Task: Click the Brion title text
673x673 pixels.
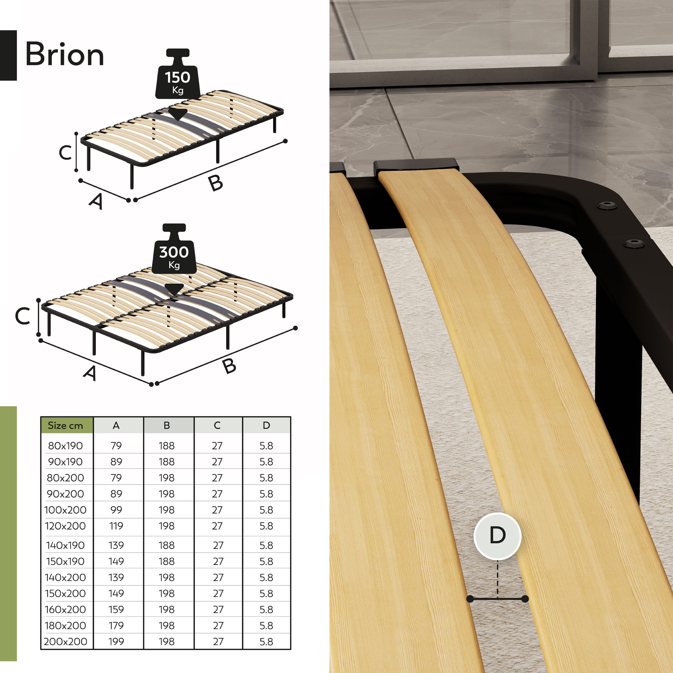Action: coord(65,54)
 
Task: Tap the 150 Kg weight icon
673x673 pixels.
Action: coord(178,74)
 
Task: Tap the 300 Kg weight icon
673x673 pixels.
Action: coord(174,249)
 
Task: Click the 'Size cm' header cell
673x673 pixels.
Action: coord(65,425)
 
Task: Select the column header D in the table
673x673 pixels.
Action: coord(266,425)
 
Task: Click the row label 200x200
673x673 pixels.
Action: coord(65,641)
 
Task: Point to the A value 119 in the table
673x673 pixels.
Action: coord(116,526)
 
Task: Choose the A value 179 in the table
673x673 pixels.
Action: coord(116,625)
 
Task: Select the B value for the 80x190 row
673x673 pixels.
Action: coord(167,446)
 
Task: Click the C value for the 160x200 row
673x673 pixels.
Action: coord(218,609)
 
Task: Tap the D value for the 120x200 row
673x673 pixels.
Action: coord(266,526)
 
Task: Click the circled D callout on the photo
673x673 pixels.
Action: coord(497,535)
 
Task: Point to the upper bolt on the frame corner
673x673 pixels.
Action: coord(607,205)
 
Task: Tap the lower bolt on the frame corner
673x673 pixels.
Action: coord(633,244)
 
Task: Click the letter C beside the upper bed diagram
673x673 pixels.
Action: coord(65,152)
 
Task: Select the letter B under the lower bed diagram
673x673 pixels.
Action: coord(229,366)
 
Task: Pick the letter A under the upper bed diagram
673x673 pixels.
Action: coord(96,202)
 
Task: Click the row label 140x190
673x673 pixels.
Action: coord(65,545)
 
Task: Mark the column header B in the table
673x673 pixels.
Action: coord(167,425)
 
